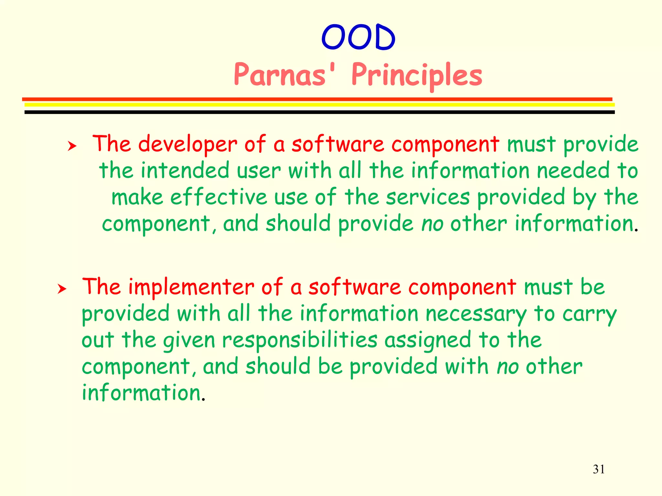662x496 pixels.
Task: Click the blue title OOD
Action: (x=358, y=37)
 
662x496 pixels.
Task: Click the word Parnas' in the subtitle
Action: (x=285, y=75)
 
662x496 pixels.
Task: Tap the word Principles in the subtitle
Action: (x=417, y=75)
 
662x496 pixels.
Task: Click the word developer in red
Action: (x=187, y=144)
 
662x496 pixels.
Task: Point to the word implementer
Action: (x=191, y=287)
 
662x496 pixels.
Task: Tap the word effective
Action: (x=219, y=197)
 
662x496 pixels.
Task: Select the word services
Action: (x=427, y=197)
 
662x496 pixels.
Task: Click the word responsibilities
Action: (x=300, y=341)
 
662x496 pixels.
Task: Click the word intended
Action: (x=185, y=170)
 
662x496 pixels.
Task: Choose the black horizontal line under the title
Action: (x=319, y=112)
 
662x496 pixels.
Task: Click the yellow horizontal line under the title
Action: (x=319, y=105)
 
